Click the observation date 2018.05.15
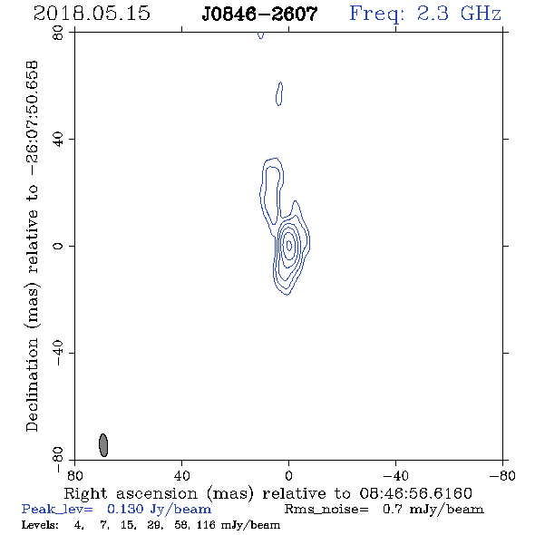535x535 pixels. (92, 14)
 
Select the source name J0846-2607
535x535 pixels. (259, 14)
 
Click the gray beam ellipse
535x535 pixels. (103, 445)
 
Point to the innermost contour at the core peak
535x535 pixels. (289, 245)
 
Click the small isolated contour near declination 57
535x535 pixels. (279, 93)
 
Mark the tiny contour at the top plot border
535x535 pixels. (260, 34)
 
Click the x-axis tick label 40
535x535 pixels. (181, 476)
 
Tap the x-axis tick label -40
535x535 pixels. (395, 476)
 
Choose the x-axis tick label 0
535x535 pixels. (288, 476)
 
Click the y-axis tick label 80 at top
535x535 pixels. (58, 33)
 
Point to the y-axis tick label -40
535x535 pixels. (58, 353)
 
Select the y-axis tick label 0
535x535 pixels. (58, 246)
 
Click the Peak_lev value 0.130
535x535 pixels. (125, 509)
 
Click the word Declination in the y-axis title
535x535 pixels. (32, 384)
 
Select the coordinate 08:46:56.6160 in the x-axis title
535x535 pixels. (415, 493)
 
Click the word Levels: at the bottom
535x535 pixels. (40, 525)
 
